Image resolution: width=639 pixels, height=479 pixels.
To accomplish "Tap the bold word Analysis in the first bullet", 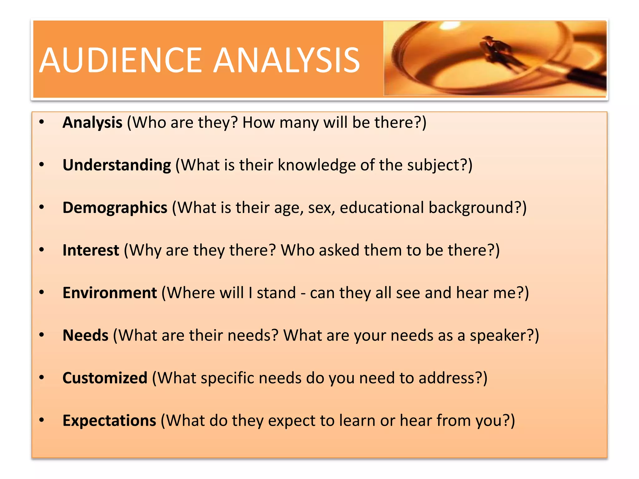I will tap(92, 122).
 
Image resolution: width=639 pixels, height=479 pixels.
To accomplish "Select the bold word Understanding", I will tap(117, 165).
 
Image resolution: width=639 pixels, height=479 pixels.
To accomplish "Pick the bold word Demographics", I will tap(115, 208).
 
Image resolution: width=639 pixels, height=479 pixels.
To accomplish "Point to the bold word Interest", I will tap(91, 250).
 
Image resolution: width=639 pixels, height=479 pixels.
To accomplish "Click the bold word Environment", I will tap(110, 293).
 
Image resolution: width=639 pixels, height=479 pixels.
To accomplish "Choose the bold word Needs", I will tap(85, 336).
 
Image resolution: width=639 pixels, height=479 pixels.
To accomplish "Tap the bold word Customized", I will tap(105, 378).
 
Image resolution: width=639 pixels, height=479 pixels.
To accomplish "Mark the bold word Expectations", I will tap(109, 421).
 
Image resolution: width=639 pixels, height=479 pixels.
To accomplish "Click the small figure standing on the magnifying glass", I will tap(495, 50).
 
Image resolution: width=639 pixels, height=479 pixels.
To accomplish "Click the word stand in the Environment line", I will tap(276, 293).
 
